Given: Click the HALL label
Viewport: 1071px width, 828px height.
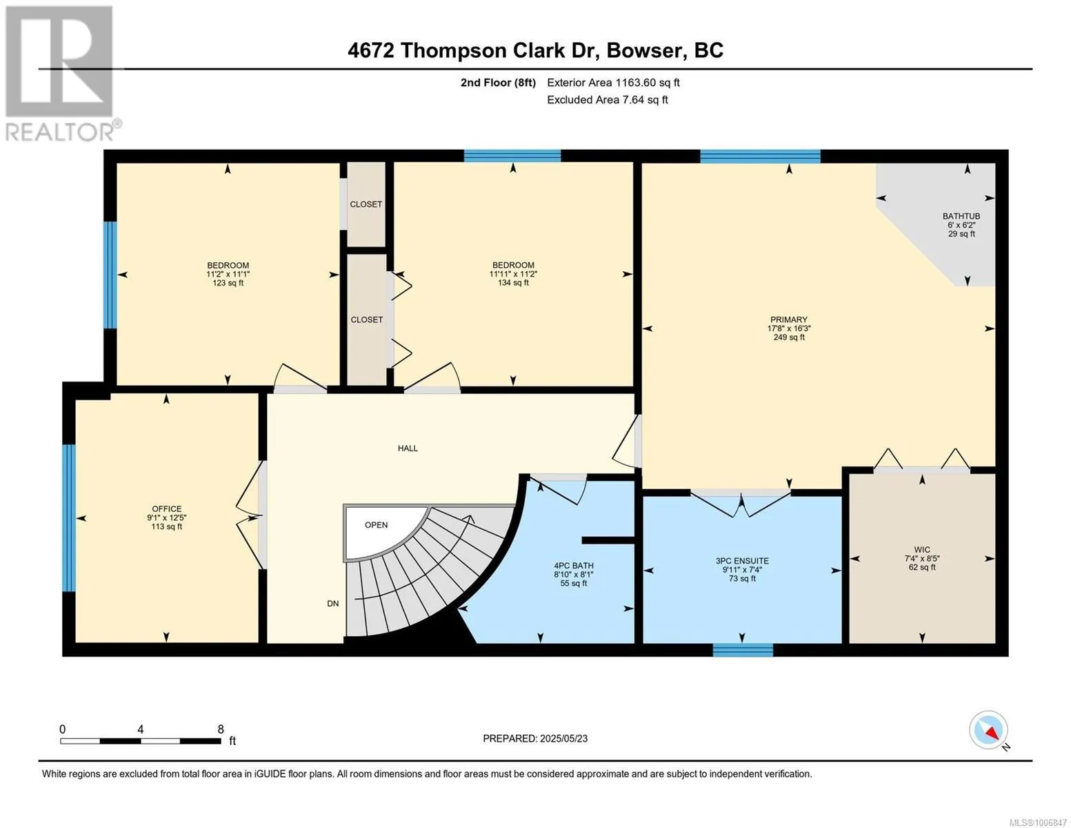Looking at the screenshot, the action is (x=408, y=448).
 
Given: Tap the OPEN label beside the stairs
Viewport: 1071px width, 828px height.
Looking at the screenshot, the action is (x=376, y=524).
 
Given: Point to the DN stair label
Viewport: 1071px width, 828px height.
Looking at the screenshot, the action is (x=332, y=604).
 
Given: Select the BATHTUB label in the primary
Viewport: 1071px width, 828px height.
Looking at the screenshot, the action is (x=961, y=216).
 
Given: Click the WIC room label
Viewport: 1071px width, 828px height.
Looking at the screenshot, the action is (x=921, y=549).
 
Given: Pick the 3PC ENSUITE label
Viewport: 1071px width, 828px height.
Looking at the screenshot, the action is (x=742, y=561).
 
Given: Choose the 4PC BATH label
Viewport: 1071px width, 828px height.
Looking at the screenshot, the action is (x=574, y=566).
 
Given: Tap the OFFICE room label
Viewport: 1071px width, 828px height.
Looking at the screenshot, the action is (x=167, y=509).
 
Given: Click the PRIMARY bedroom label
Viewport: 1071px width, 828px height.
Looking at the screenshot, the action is (x=788, y=319).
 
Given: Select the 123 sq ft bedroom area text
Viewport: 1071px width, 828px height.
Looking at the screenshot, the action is (x=228, y=283).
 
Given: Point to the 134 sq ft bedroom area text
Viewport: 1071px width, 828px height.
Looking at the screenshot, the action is (x=513, y=283).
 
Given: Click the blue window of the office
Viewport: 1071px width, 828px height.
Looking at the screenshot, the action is (x=69, y=518).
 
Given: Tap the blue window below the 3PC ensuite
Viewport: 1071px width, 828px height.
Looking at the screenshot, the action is (x=743, y=650).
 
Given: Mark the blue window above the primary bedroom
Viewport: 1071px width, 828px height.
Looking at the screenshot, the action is (x=760, y=157).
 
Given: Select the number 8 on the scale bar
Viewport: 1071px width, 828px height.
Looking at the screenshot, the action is (x=220, y=729).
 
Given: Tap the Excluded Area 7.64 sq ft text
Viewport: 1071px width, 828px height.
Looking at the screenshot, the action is (x=607, y=99).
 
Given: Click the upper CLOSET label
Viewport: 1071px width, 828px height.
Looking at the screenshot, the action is (x=366, y=204).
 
